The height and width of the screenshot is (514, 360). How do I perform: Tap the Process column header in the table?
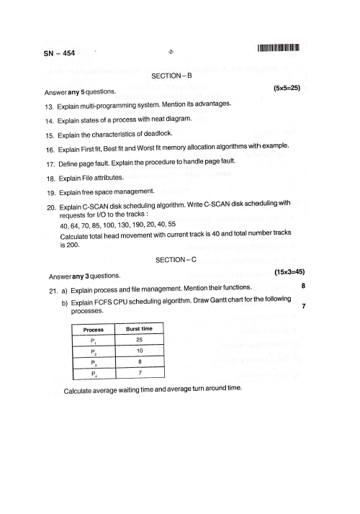[91, 329]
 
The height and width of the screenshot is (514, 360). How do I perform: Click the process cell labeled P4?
[93, 374]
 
